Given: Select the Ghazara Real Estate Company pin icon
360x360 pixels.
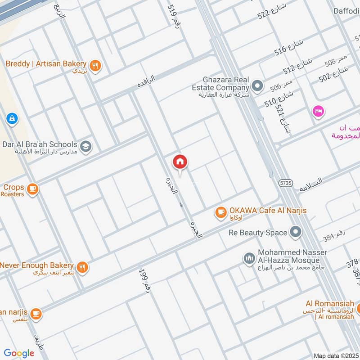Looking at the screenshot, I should (x=257, y=85).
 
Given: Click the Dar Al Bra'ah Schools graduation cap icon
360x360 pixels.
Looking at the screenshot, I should (x=85, y=146).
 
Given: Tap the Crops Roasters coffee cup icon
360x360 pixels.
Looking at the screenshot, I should (x=32, y=189).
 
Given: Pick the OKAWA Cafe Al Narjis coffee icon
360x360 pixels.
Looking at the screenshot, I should (x=220, y=212).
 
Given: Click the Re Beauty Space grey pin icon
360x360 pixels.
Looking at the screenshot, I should (x=295, y=233).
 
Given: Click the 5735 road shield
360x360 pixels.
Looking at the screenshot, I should (x=286, y=183).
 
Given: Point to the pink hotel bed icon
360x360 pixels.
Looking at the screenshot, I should (x=318, y=111).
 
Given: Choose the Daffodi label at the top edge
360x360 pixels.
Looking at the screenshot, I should (x=346, y=11).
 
